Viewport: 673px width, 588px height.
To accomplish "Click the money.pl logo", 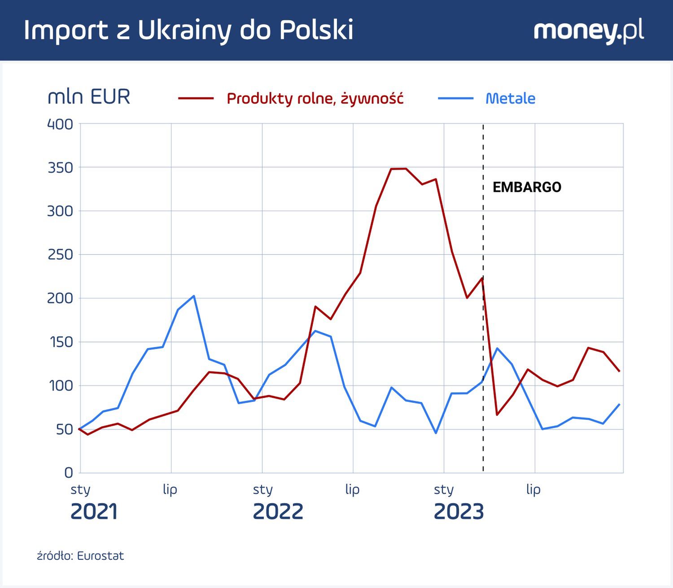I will [589, 30].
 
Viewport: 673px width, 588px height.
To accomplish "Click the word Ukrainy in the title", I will [185, 30].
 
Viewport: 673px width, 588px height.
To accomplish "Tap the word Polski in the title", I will [316, 30].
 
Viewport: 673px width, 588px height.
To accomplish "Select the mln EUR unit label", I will [89, 97].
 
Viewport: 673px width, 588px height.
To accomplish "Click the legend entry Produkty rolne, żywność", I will [315, 98].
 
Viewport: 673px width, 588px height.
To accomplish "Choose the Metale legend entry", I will [510, 98].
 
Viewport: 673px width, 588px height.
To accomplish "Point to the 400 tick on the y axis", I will [60, 124].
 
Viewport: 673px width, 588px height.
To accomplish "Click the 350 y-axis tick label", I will [60, 168].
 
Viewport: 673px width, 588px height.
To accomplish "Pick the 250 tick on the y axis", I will [60, 255].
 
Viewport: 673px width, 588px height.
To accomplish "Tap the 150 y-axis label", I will [60, 342].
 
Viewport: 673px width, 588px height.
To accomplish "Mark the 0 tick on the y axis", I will [68, 472].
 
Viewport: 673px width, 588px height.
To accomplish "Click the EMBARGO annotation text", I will [527, 187].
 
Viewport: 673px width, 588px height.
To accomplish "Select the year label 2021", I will [94, 512].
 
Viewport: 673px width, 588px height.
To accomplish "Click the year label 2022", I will [278, 512].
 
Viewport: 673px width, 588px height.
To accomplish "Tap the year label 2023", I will [459, 512].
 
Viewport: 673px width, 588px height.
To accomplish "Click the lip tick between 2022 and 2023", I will [352, 489].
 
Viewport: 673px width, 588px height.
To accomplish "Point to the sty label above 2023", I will [444, 489].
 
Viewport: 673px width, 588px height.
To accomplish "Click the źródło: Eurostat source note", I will [80, 556].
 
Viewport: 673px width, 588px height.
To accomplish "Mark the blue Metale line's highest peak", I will [193, 296].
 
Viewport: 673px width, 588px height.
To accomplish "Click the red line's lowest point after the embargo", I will [497, 415].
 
